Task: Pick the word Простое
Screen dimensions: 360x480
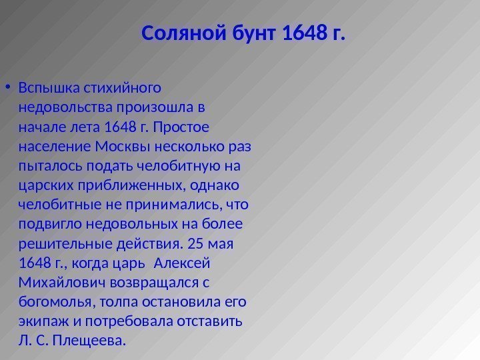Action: (x=200, y=126)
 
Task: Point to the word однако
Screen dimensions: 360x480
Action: (x=219, y=183)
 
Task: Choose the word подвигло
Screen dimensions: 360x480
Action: (x=47, y=222)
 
